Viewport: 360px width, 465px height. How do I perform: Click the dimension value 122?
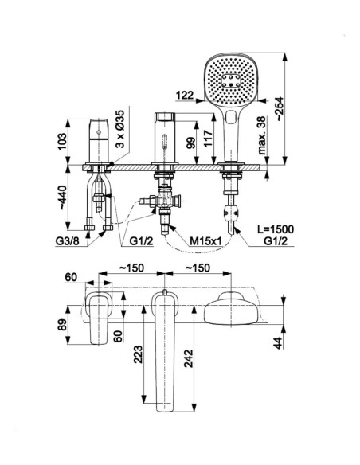[185, 96]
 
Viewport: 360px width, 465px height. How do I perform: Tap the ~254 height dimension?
[280, 108]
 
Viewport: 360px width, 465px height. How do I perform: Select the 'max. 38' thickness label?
[262, 135]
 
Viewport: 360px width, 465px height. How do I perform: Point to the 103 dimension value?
[63, 142]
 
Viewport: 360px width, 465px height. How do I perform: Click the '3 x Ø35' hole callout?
[120, 129]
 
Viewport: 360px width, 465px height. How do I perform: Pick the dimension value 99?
[191, 143]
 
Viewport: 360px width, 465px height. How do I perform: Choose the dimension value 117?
[209, 139]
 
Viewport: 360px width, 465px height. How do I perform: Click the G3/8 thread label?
[67, 241]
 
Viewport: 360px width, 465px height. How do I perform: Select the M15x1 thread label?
[205, 241]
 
